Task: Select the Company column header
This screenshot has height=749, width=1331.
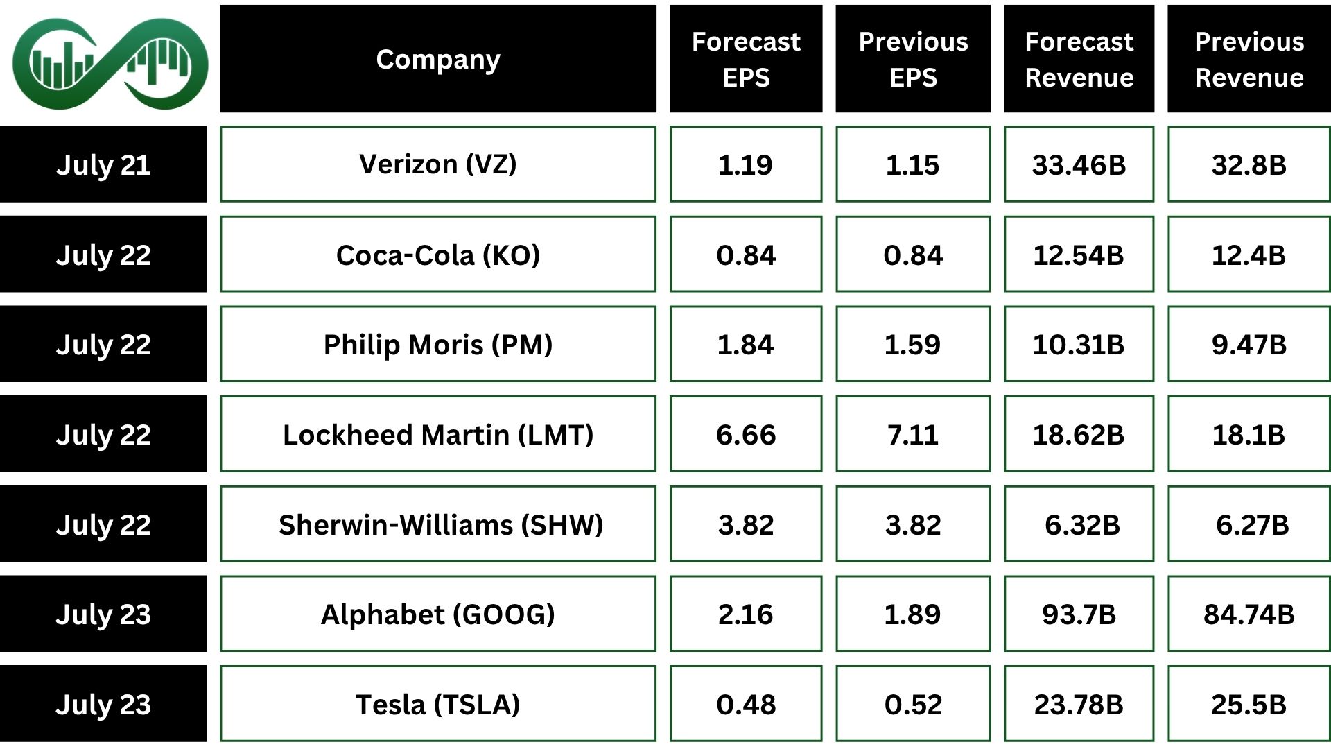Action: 437,59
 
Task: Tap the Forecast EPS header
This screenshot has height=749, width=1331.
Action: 745,59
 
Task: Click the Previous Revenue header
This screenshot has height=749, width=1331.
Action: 1249,59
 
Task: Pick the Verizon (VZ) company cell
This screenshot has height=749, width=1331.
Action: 437,164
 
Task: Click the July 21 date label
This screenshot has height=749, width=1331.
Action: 103,164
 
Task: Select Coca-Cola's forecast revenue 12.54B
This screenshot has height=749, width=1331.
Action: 1078,255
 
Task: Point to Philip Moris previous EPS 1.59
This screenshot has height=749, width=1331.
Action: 912,344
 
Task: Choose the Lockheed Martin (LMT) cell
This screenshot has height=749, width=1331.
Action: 437,434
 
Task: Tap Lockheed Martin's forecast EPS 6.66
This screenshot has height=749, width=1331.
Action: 745,434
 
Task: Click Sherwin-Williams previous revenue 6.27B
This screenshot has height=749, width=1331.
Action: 1251,524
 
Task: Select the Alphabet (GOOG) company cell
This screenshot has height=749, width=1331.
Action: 437,614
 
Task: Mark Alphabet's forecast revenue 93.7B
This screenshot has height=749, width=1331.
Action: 1078,614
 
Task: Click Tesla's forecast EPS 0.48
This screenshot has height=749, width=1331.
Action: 745,704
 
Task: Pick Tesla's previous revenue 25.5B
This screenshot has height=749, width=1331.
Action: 1249,704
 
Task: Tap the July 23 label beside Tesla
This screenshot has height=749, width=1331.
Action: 103,704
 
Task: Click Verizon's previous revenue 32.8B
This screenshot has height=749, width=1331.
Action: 1249,164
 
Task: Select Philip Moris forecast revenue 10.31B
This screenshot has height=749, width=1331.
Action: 1078,344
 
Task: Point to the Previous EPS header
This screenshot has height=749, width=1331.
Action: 912,59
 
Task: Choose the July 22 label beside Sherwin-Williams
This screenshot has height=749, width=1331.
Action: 103,524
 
